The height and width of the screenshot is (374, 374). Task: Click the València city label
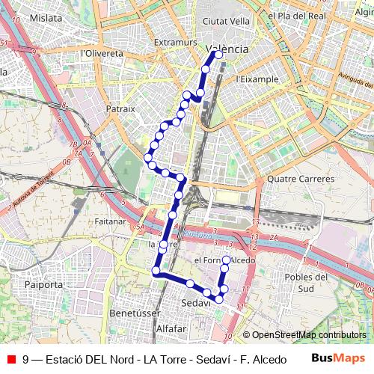(227, 48)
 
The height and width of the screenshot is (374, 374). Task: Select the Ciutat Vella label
(227, 21)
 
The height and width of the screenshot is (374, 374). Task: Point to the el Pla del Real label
(297, 15)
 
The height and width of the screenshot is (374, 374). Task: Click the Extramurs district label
(175, 43)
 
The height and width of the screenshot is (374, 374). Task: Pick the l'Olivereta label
(102, 54)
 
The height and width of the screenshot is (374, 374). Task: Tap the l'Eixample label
(257, 79)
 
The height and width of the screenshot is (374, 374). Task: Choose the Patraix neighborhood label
(120, 108)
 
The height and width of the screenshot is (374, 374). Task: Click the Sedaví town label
(197, 303)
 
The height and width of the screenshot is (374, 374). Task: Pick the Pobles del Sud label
(305, 282)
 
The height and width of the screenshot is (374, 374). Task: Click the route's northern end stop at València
(218, 54)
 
